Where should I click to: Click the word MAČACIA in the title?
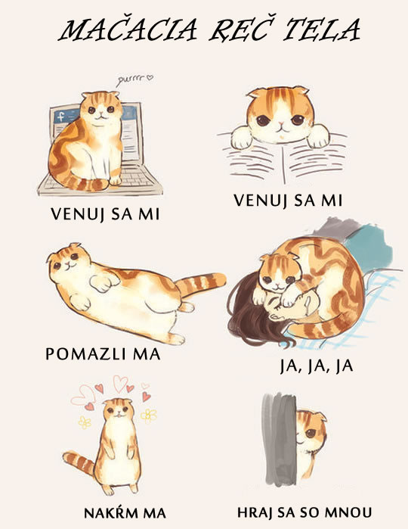[x=128, y=30]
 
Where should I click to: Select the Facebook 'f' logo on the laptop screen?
[x=60, y=117]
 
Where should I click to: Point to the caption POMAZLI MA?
[x=103, y=354]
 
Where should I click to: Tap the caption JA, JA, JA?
[x=317, y=367]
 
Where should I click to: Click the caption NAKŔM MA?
[x=125, y=513]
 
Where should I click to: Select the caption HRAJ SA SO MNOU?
[x=304, y=512]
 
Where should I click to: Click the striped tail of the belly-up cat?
[x=201, y=285]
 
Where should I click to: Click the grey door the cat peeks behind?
[x=280, y=439]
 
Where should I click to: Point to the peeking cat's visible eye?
[x=311, y=433]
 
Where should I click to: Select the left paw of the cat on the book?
[x=242, y=138]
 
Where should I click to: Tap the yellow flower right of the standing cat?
[x=149, y=415]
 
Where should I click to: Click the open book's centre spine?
[x=284, y=162]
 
